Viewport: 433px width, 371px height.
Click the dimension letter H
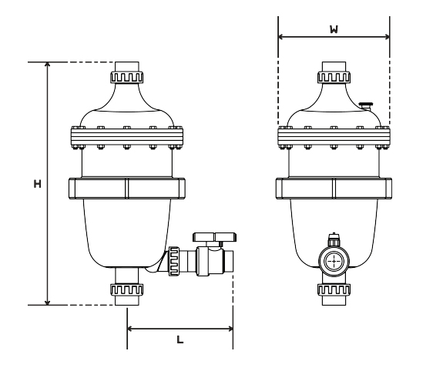(37, 184)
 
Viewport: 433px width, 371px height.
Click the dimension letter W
(334, 29)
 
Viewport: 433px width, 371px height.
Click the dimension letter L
(180, 339)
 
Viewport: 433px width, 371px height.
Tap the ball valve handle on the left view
(214, 237)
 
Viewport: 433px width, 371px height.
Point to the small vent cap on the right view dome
(366, 105)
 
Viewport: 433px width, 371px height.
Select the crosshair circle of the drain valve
(334, 261)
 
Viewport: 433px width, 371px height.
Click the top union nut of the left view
(127, 77)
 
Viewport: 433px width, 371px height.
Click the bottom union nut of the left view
(127, 290)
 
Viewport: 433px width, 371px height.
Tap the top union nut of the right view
(334, 77)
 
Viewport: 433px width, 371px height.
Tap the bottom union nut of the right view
(334, 290)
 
